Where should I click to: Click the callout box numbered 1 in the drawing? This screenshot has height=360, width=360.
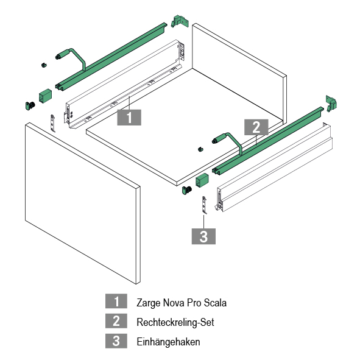tap(129, 118)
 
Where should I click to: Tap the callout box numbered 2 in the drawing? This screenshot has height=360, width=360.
tap(256, 127)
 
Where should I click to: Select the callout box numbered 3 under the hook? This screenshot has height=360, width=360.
tap(203, 236)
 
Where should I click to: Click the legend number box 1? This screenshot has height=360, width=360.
tap(116, 301)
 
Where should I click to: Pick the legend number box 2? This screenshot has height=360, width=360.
tap(116, 321)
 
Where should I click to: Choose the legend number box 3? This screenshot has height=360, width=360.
tap(116, 341)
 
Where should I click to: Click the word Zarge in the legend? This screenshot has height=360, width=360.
tap(148, 303)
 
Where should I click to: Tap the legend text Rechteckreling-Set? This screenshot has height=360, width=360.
tap(175, 322)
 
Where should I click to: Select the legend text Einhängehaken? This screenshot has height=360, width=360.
tap(168, 342)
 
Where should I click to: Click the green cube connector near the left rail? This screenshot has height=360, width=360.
tap(45, 96)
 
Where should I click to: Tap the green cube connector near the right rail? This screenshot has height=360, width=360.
tap(202, 180)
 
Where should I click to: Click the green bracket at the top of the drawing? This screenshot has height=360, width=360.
tap(180, 21)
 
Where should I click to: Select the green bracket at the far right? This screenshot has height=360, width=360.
tap(331, 104)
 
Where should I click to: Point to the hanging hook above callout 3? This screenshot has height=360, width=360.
tap(204, 205)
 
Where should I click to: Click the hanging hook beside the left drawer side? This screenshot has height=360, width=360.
tap(53, 123)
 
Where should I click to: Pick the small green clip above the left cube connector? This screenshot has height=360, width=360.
tap(44, 65)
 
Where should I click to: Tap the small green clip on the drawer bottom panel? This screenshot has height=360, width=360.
tap(200, 149)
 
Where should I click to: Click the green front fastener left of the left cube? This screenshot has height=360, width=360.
tap(30, 105)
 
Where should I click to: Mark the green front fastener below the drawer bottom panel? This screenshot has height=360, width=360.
tap(187, 190)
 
